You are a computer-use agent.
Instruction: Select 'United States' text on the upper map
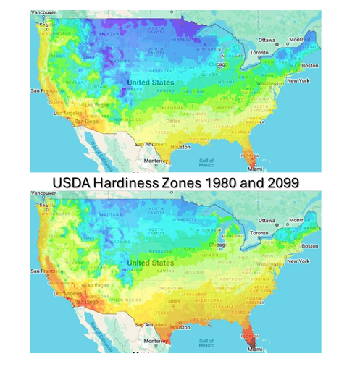tap(150, 83)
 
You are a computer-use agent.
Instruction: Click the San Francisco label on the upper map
tap(46, 90)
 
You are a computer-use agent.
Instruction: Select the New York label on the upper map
tap(298, 80)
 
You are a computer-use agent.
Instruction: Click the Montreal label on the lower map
tap(304, 219)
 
